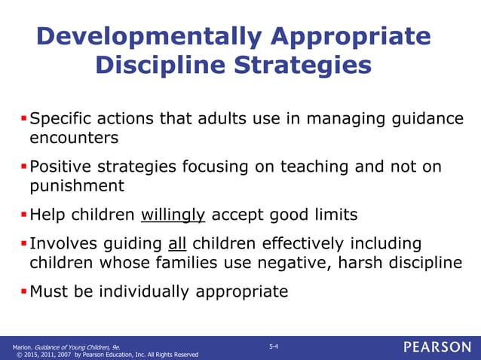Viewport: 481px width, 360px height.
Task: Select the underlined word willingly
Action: pos(173,215)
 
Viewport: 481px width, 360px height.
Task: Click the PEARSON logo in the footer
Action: pos(437,347)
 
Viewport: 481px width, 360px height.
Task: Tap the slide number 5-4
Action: pos(274,346)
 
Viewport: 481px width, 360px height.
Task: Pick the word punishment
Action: pos(75,185)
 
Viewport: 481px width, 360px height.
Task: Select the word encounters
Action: pos(73,138)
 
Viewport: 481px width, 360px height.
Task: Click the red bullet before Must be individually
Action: pos(23,291)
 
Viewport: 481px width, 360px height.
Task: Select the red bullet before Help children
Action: pos(23,215)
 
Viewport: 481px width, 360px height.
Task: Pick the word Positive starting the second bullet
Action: pos(61,166)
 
